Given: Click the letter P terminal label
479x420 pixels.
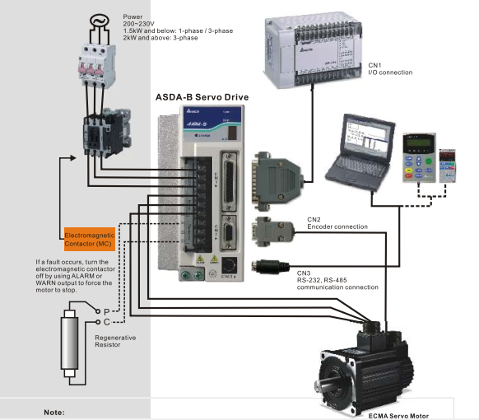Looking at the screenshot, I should point(106,310).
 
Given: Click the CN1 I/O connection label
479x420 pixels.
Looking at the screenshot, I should point(389,68).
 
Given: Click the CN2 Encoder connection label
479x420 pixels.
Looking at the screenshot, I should point(337,223).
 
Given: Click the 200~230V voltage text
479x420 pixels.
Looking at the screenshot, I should point(140,23).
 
